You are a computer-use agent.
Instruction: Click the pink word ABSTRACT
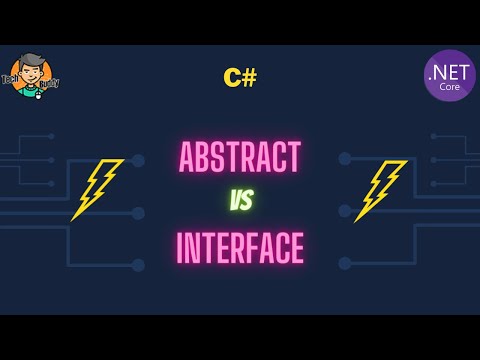click(x=239, y=158)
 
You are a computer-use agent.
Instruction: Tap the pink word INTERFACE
click(x=240, y=248)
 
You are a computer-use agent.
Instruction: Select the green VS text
click(x=240, y=201)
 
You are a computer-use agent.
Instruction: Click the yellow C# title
click(x=240, y=77)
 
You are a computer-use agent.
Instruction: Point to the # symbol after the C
click(x=248, y=77)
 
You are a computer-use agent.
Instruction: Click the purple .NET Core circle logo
click(x=449, y=75)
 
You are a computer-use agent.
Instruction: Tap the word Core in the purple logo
click(x=449, y=87)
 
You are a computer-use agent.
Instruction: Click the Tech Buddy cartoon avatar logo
click(x=30, y=75)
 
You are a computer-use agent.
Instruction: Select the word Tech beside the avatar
click(x=12, y=78)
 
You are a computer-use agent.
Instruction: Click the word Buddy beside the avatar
click(x=49, y=82)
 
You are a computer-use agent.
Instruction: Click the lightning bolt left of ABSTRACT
click(x=96, y=188)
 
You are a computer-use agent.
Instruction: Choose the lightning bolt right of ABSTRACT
click(x=381, y=188)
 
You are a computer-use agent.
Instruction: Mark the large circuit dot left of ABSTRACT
click(x=138, y=159)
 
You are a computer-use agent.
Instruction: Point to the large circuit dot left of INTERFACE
click(x=138, y=264)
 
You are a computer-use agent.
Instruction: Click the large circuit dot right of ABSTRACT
click(x=344, y=159)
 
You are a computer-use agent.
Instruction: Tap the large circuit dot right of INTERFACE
click(x=344, y=264)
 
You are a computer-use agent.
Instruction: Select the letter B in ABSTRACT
click(x=204, y=158)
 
